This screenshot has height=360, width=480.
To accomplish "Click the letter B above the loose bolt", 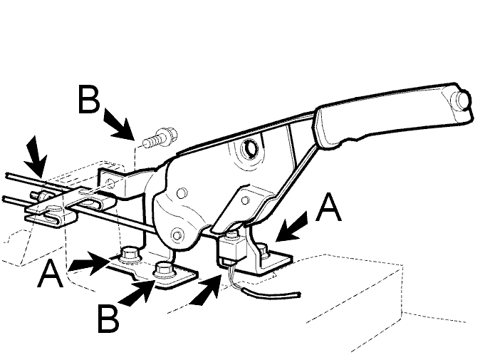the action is click(89, 99).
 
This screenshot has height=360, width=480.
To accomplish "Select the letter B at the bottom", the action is click(108, 319).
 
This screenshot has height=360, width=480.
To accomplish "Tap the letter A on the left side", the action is click(50, 274).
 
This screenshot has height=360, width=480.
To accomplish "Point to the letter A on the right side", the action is click(328, 207).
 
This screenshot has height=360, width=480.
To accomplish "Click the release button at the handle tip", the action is click(461, 100).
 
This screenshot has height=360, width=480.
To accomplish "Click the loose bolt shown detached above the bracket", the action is click(160, 138).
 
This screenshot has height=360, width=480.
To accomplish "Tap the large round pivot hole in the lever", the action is click(250, 149).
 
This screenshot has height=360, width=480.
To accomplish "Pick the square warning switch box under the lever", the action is click(233, 250).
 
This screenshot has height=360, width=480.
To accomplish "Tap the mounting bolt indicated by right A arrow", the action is click(264, 250).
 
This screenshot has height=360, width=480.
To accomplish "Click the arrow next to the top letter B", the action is click(120, 124).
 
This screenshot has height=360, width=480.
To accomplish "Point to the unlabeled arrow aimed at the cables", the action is click(36, 156).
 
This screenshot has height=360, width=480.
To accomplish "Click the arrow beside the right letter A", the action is click(291, 227).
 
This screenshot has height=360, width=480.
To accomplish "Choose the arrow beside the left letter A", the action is click(90, 263).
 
